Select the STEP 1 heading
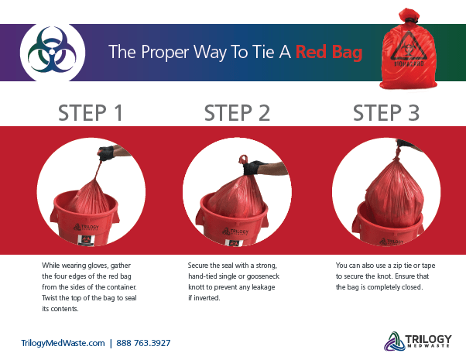pyautogui.click(x=91, y=112)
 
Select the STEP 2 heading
pyautogui.click(x=237, y=112)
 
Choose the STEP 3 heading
pyautogui.click(x=386, y=112)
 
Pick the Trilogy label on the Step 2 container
pyautogui.click(x=236, y=228)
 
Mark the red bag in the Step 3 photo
pyautogui.click(x=385, y=190)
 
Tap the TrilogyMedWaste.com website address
pyautogui.click(x=63, y=342)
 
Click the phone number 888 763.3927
pyautogui.click(x=144, y=342)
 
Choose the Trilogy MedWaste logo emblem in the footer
pyautogui.click(x=392, y=341)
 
